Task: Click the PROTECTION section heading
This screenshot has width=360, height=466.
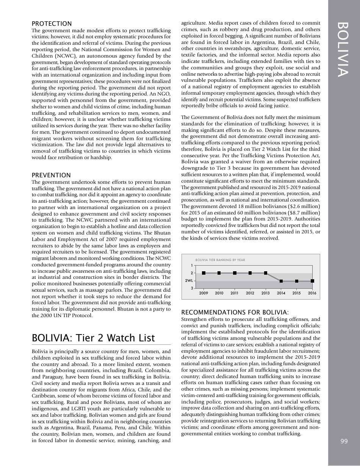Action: [x=52, y=24]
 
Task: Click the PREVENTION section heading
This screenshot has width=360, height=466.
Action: [x=51, y=175]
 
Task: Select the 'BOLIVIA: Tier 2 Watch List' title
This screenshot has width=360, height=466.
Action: [x=93, y=338]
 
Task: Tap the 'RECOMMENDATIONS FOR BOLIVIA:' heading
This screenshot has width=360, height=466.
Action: [x=235, y=312]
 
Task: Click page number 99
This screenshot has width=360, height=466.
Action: [x=344, y=441]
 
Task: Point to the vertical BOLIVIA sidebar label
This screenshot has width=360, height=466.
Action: [x=344, y=49]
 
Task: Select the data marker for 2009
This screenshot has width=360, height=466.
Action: [x=204, y=273]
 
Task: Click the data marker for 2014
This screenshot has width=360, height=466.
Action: [x=281, y=281]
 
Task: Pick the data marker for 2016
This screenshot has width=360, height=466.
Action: [x=312, y=281]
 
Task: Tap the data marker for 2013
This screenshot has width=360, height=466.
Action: [x=266, y=273]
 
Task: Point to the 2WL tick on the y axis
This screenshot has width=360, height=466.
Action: [x=189, y=281]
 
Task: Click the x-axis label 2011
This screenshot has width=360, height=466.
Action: [x=235, y=293]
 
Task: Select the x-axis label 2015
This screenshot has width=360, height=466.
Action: [x=297, y=293]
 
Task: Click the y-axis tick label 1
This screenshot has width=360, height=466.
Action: [x=192, y=265]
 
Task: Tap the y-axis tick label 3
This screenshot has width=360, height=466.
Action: [x=192, y=289]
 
